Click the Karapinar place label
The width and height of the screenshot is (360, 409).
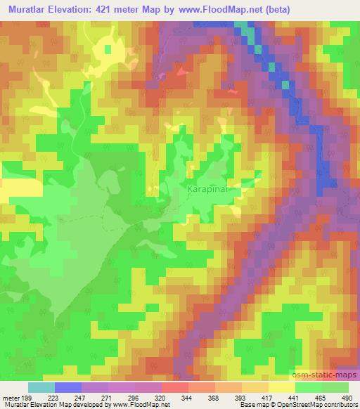(x=212, y=190)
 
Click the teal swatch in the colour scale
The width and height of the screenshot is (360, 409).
(x=41, y=387)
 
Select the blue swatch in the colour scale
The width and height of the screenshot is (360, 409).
(x=68, y=387)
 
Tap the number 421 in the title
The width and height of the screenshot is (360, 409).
(x=109, y=10)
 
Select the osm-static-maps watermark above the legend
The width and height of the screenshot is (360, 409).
(x=328, y=375)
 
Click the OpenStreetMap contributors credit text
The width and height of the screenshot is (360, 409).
(x=319, y=405)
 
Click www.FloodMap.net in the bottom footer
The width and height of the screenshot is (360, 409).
(x=135, y=405)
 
